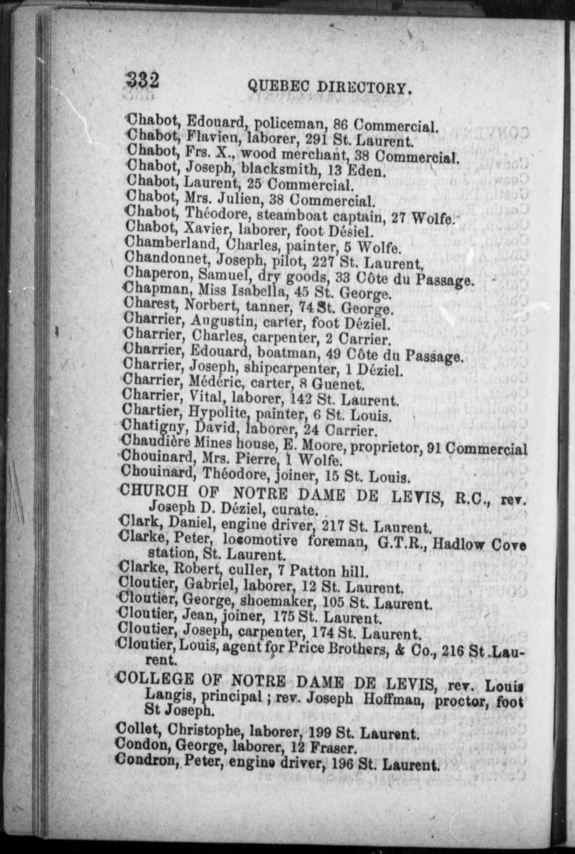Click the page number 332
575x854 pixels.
[142, 80]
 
